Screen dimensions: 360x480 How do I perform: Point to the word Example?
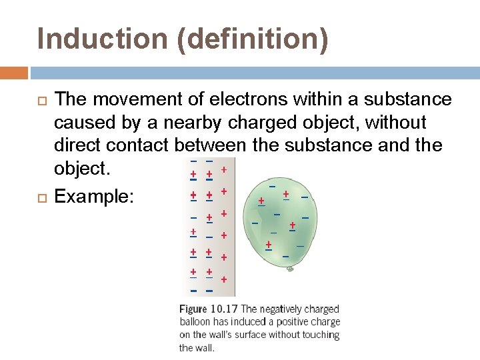click(94, 196)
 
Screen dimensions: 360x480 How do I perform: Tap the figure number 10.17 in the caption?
click(225, 309)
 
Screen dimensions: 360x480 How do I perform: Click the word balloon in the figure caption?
click(195, 322)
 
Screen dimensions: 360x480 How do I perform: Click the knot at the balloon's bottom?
click(290, 269)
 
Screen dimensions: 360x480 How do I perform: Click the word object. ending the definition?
click(81, 169)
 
